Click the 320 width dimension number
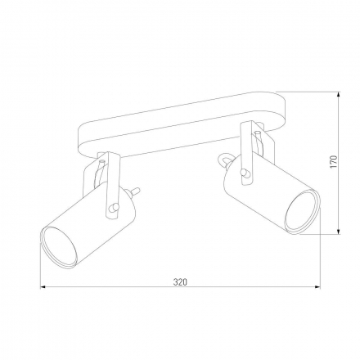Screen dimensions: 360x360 (180, 281)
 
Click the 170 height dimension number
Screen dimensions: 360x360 (333, 163)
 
